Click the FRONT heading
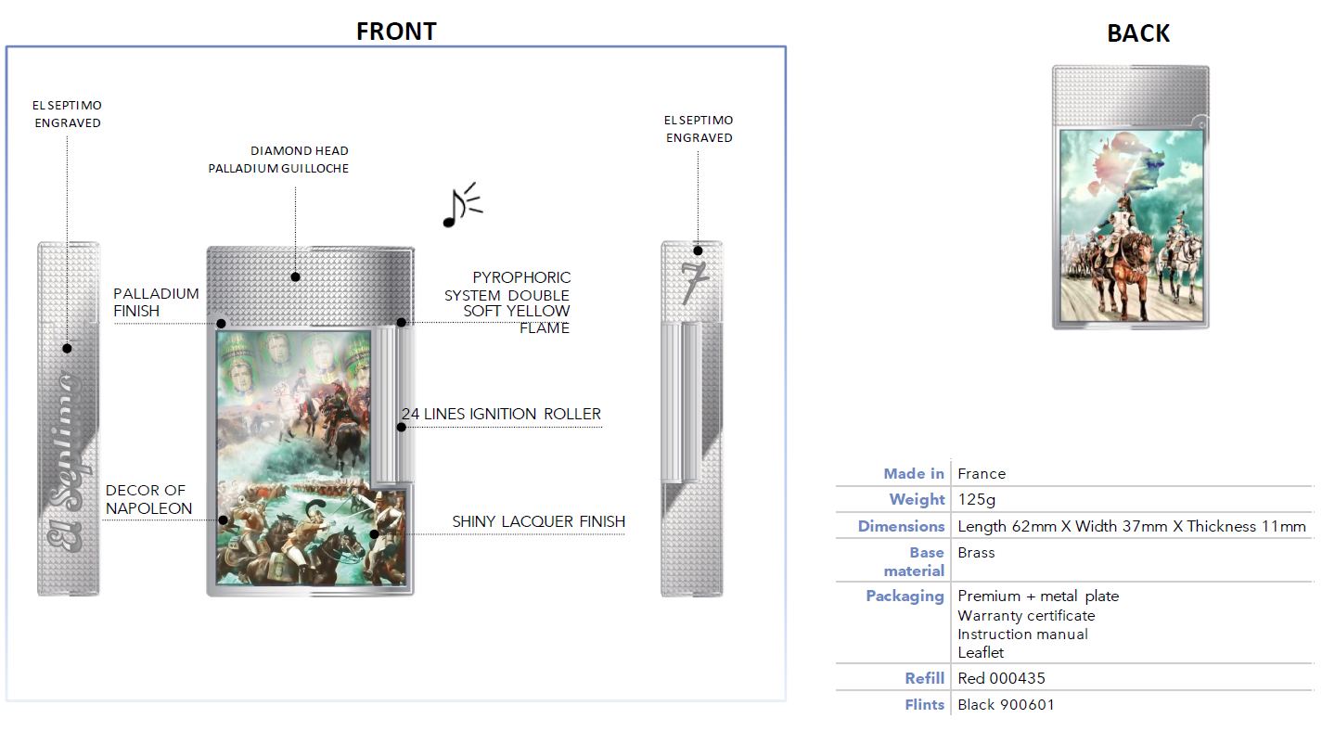tap(396, 32)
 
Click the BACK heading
tap(1138, 33)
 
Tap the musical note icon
tap(462, 205)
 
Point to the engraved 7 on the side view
tap(694, 283)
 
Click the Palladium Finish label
tap(156, 302)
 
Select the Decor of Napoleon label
tap(148, 499)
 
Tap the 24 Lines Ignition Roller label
tap(501, 414)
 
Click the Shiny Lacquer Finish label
tap(538, 521)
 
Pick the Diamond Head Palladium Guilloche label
tap(278, 160)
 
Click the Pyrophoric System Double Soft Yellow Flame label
tap(507, 302)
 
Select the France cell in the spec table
tap(982, 474)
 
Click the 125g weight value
tap(977, 500)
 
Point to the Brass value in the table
tap(976, 553)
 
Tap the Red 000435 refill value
tap(1001, 678)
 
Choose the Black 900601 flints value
tap(1006, 704)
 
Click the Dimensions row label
tap(901, 526)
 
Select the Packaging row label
tap(905, 596)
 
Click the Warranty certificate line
tap(1026, 616)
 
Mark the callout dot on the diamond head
tap(295, 276)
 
